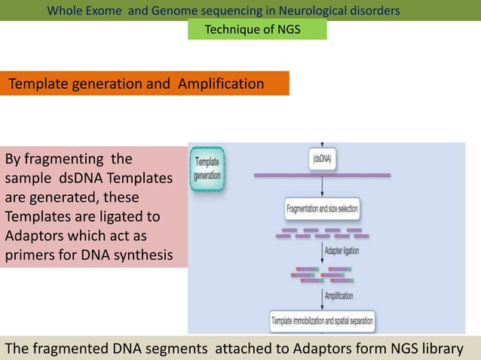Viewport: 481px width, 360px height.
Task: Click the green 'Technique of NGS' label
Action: tap(256, 29)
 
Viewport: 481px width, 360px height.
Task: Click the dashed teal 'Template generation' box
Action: tap(207, 168)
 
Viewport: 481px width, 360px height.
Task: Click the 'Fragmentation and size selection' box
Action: tap(323, 206)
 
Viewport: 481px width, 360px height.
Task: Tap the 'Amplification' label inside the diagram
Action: tap(338, 296)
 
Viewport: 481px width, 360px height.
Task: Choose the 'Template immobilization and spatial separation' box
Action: tap(322, 322)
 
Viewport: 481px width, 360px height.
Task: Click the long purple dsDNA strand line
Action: tap(322, 175)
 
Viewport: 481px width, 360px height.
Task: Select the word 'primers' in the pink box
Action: tap(30, 255)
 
